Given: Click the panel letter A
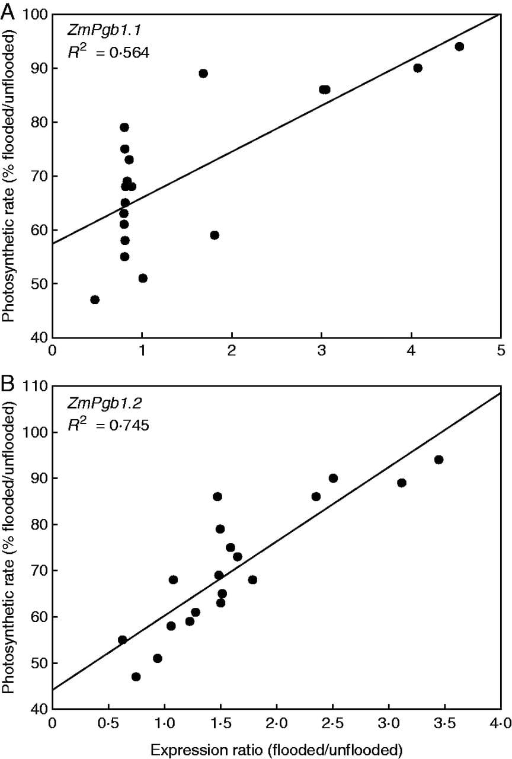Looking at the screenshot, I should click(8, 11).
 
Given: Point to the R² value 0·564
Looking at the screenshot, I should click(124, 53).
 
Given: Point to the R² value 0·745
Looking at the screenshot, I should click(124, 425).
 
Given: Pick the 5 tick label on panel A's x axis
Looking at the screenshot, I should click(501, 350).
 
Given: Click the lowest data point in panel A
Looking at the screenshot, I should click(95, 299).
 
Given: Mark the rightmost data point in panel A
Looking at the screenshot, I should click(459, 46).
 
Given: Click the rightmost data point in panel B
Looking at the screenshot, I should click(439, 460).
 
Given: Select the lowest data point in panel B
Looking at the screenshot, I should click(136, 677).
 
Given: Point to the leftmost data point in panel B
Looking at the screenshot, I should click(123, 640).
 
